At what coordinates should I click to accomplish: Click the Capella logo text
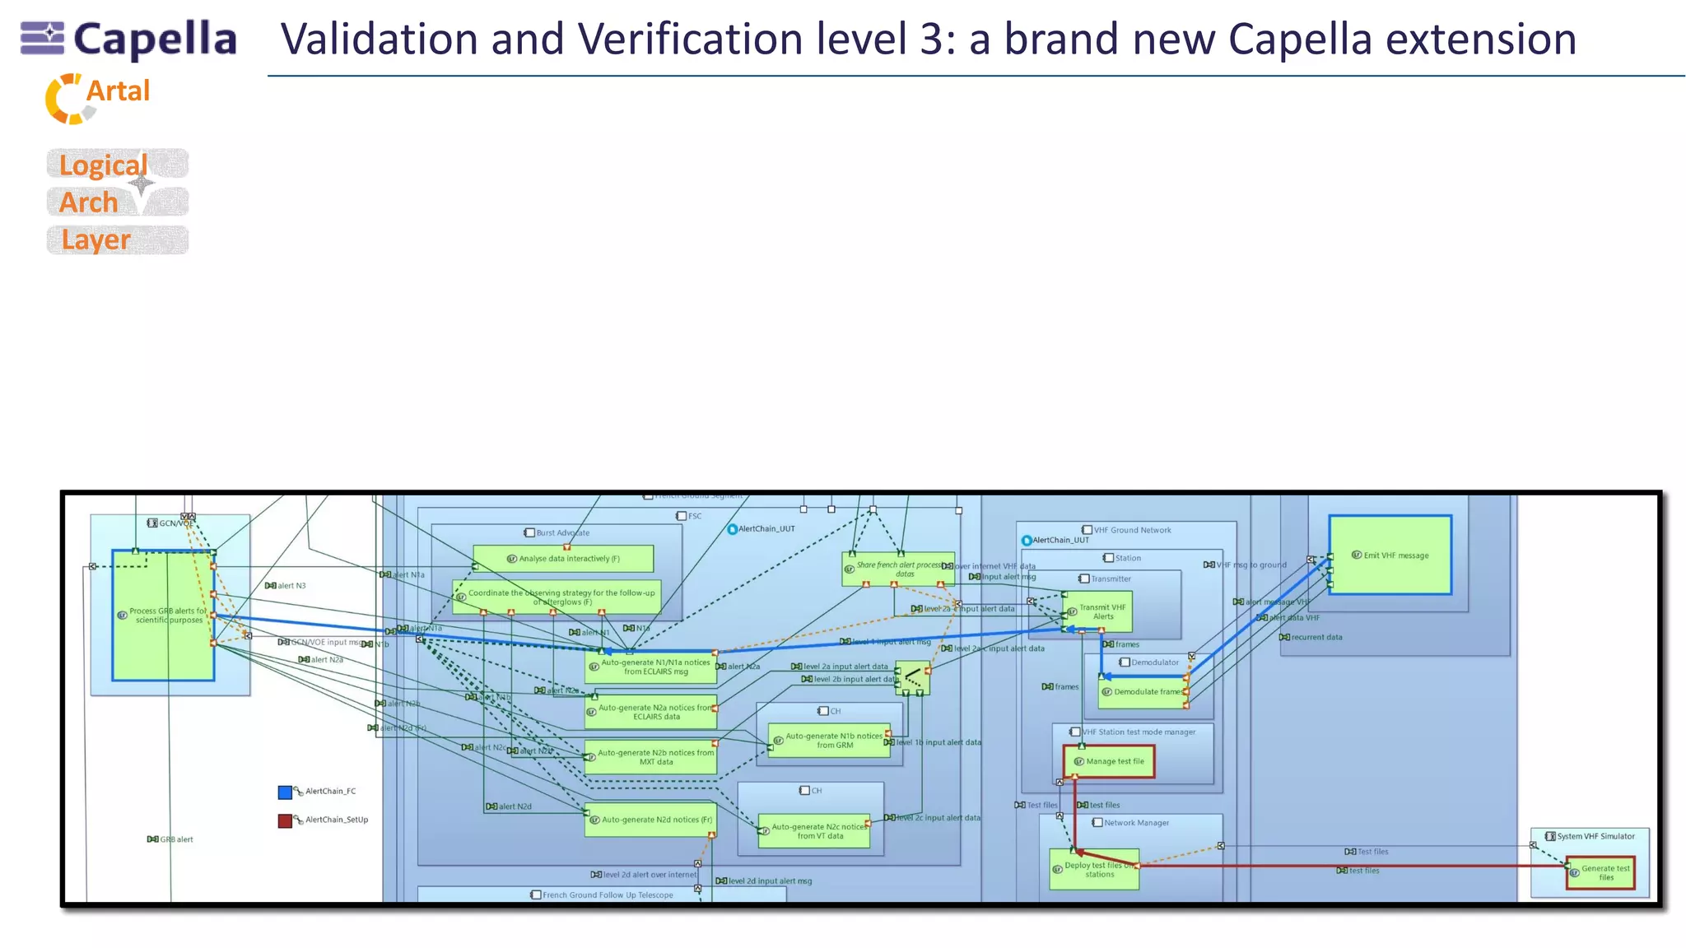[155, 39]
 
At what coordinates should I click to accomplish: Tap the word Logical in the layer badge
[104, 165]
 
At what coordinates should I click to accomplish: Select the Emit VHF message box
[1390, 555]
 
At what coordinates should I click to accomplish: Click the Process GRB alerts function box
[163, 616]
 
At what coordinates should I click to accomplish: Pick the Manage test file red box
[1109, 761]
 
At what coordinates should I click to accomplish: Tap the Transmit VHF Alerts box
[1098, 611]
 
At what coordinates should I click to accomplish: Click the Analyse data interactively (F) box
[564, 559]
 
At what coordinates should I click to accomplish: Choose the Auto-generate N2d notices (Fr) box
[650, 820]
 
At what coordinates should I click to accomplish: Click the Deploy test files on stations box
[1094, 870]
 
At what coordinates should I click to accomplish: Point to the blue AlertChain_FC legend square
[285, 792]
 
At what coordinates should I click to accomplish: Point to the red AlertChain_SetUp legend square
[285, 820]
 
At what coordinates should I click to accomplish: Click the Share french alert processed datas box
[897, 569]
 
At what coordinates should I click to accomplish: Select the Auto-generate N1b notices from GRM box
[830, 741]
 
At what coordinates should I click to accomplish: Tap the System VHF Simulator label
[1595, 836]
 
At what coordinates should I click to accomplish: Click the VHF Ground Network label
[1131, 530]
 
